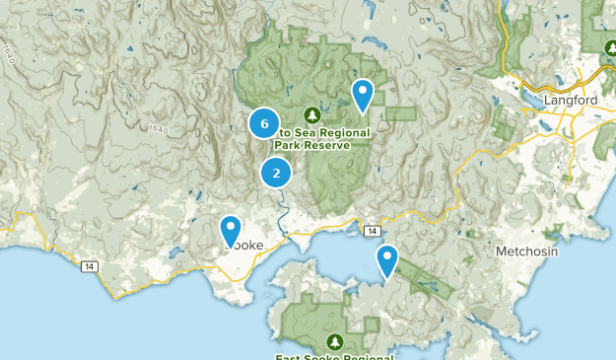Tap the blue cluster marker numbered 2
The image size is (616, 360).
[x=276, y=174]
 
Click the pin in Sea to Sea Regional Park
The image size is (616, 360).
[x=364, y=96]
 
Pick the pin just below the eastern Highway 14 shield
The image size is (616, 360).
[x=387, y=261]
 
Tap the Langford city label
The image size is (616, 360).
[x=576, y=99]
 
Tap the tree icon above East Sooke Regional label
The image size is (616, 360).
[x=335, y=340]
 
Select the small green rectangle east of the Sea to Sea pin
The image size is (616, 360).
[x=401, y=113]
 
